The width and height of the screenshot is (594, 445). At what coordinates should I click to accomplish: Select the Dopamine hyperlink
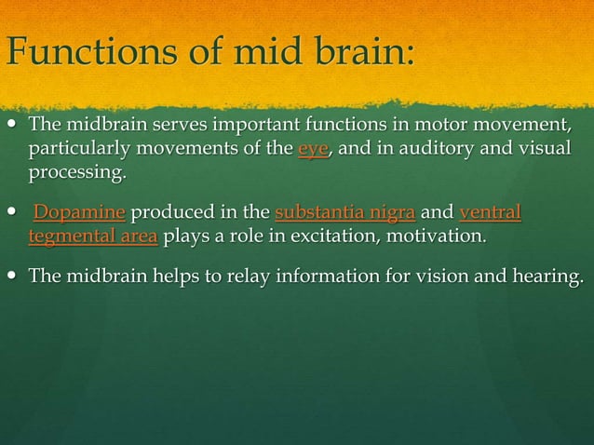(80, 212)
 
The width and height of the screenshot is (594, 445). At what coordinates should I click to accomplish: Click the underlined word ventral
(491, 212)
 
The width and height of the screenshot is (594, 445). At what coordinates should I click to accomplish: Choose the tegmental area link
(93, 236)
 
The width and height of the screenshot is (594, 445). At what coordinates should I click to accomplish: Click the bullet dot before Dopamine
(12, 212)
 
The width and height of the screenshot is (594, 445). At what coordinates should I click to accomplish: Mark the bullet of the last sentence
(12, 276)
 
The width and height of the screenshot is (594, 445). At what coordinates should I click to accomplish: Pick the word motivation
(442, 236)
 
